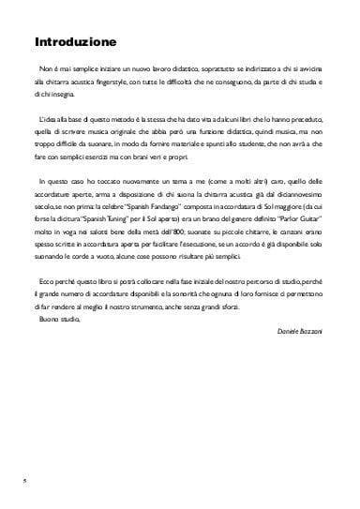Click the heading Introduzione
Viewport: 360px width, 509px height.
coord(75,42)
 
